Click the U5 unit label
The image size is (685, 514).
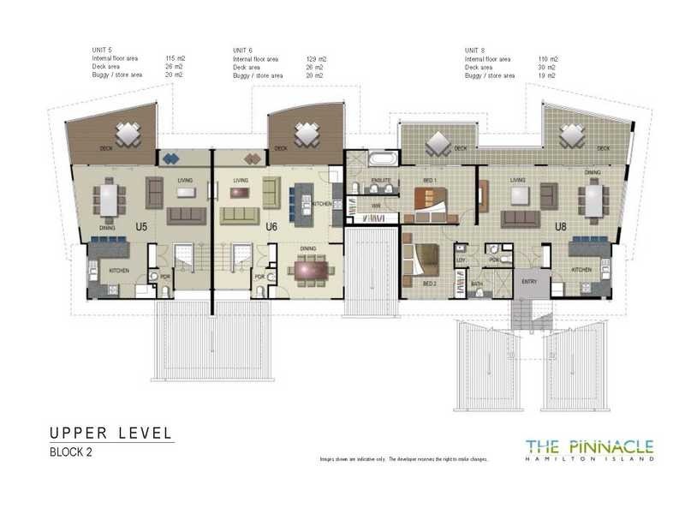[142, 227]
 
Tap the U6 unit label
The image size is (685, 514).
[271, 227]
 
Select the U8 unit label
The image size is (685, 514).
[561, 227]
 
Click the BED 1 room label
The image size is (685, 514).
[432, 181]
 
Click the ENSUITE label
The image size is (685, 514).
[381, 181]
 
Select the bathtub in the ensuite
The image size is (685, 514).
[379, 159]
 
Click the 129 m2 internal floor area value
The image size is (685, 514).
[316, 59]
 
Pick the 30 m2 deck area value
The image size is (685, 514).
[545, 68]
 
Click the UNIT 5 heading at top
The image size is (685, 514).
[102, 51]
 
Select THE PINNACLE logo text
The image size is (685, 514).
[589, 445]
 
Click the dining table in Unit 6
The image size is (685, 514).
[309, 270]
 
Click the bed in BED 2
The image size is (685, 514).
[422, 258]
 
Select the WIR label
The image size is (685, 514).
[374, 206]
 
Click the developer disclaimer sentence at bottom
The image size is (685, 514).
[403, 459]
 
